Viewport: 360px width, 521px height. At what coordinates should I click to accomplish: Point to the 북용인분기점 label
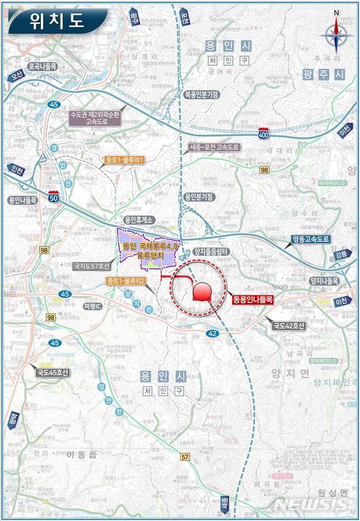[201, 95]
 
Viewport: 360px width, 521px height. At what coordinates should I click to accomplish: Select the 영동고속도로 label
[310, 238]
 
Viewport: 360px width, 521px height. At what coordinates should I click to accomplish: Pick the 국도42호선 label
[288, 326]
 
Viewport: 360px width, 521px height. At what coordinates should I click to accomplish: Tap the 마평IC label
[93, 305]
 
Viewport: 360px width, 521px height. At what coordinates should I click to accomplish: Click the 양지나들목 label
[323, 280]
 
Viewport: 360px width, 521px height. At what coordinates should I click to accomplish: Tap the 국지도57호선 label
[92, 267]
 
